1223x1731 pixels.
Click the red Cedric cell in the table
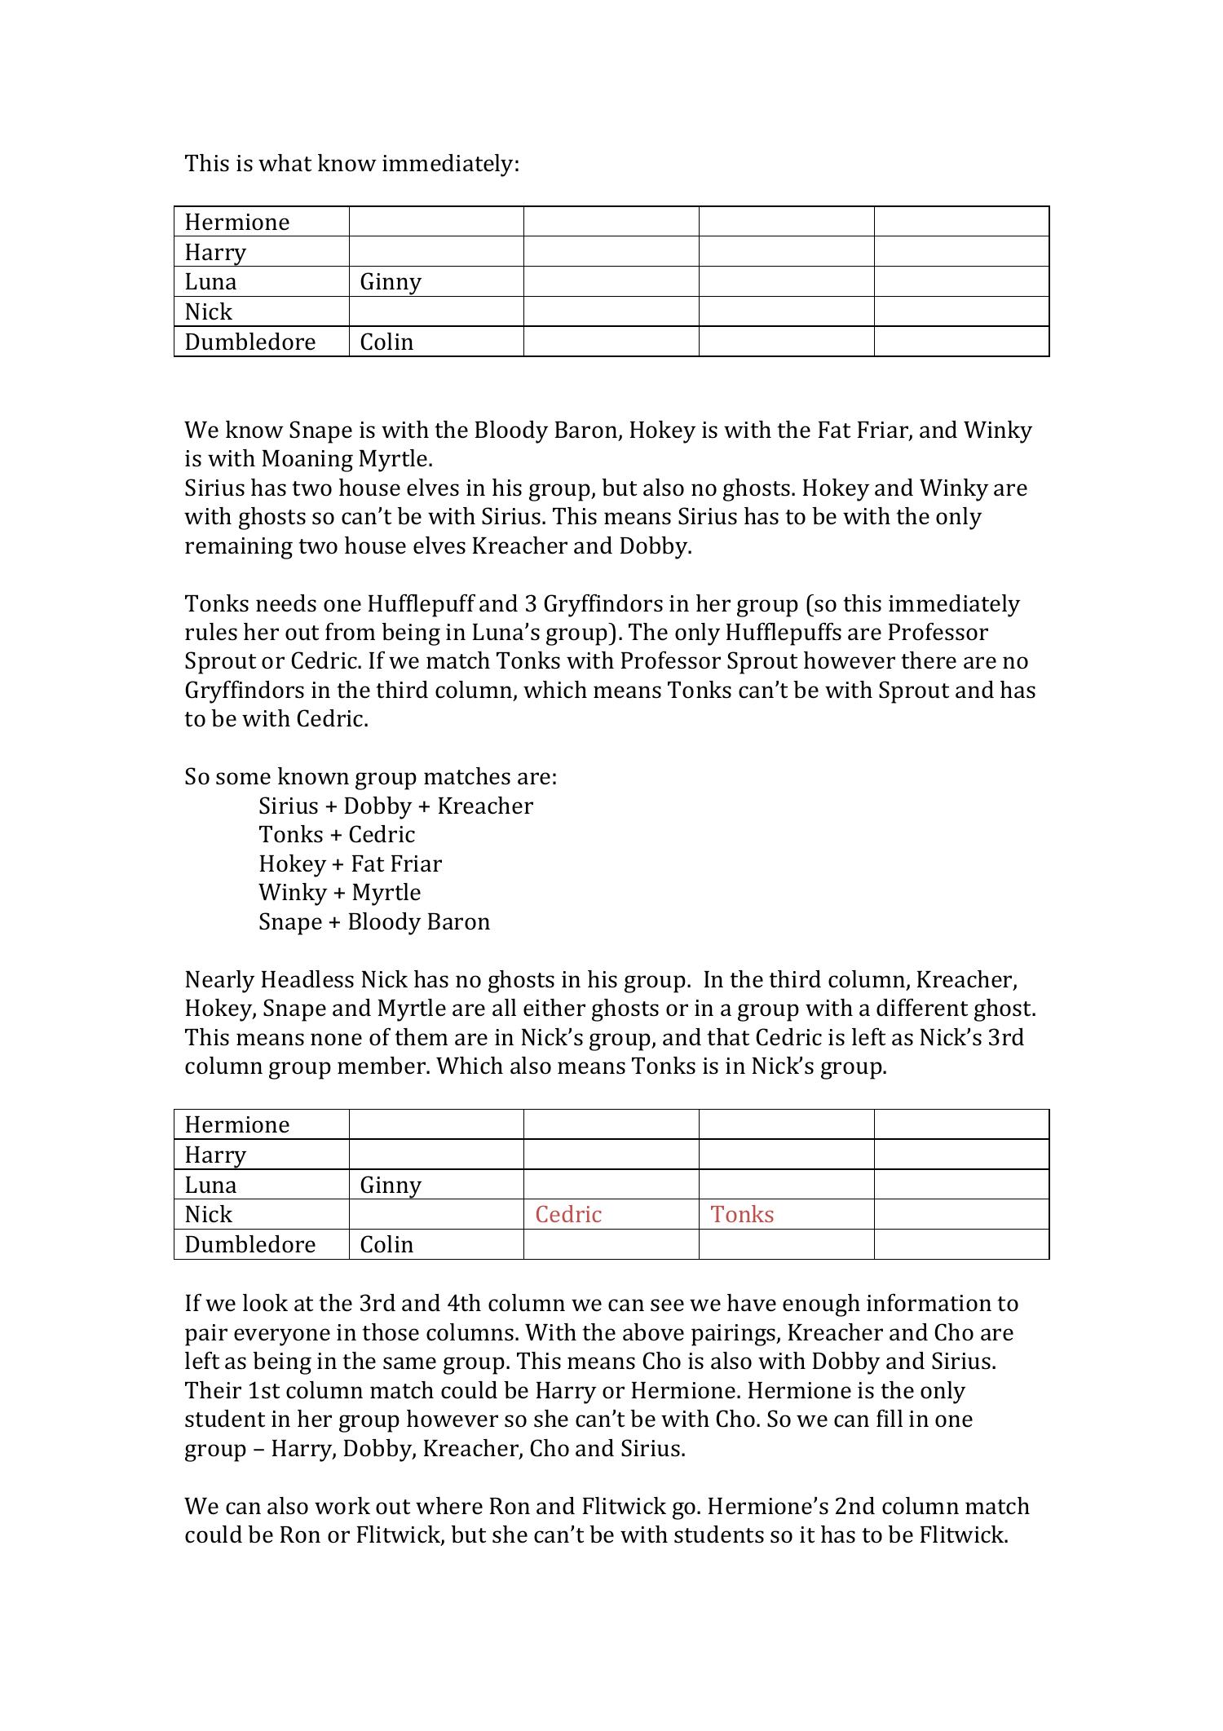click(x=568, y=1215)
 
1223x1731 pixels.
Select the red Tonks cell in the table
click(x=742, y=1215)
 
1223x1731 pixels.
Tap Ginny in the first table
click(x=391, y=282)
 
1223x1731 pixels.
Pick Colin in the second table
click(x=386, y=1245)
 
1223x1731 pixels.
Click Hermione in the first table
click(x=237, y=223)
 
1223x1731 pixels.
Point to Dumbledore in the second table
click(x=249, y=1245)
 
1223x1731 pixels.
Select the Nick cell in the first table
click(x=209, y=312)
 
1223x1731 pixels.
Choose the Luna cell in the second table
click(x=210, y=1186)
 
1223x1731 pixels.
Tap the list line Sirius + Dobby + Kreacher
click(x=395, y=806)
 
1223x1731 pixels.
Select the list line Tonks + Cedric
click(x=337, y=835)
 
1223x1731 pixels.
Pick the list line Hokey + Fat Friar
click(x=351, y=864)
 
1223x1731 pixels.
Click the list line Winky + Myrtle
click(x=339, y=893)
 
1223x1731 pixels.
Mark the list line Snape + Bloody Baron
click(x=374, y=922)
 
